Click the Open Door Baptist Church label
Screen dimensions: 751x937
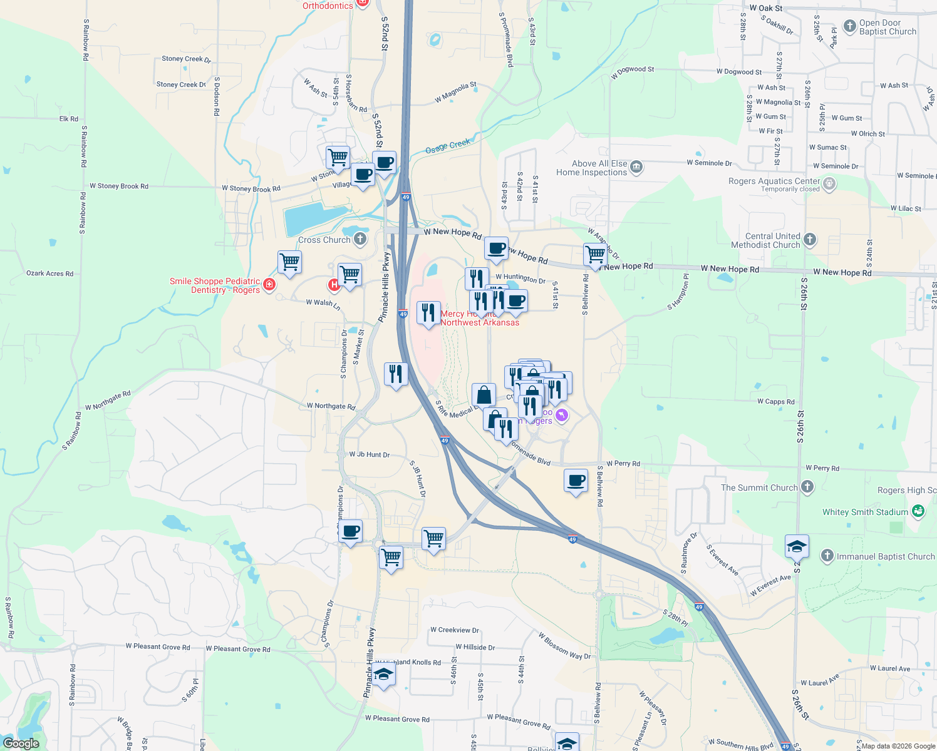click(887, 27)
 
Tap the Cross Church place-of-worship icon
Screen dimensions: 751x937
click(360, 239)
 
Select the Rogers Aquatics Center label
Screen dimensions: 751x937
click(774, 181)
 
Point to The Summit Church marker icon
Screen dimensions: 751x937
click(807, 487)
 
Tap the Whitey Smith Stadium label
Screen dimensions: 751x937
click(865, 512)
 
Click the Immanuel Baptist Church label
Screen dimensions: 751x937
click(886, 556)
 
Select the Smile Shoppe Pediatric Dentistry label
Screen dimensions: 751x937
click(215, 285)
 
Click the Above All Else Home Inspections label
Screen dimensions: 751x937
click(592, 168)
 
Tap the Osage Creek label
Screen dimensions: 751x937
click(448, 146)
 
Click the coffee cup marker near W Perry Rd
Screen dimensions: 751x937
click(576, 481)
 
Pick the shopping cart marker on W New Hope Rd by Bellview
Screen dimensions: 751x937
click(595, 255)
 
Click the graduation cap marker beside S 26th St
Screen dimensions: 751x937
click(797, 546)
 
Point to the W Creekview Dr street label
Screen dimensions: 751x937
click(455, 630)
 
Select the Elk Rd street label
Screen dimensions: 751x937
click(69, 119)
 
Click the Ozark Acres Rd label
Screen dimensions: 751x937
click(49, 273)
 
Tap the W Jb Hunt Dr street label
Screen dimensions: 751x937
click(370, 454)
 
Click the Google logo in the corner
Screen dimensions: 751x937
click(21, 743)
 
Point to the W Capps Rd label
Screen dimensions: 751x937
click(775, 402)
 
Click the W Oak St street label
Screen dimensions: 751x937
click(765, 9)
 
